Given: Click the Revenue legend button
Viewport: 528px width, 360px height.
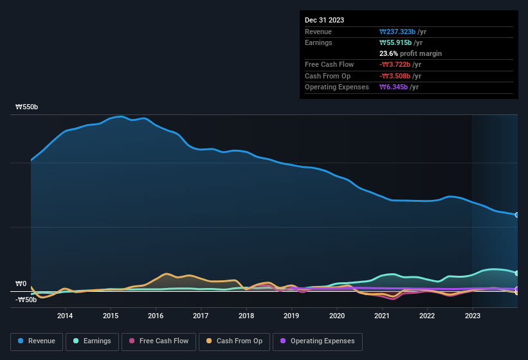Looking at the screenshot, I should coord(37,341).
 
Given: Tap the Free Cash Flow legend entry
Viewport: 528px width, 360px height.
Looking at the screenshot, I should coord(159,341).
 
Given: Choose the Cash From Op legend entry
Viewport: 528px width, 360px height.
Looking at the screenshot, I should coord(235,341).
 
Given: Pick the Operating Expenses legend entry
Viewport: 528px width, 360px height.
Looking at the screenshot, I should coord(318,341).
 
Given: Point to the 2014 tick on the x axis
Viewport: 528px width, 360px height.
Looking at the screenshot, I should coord(65,316).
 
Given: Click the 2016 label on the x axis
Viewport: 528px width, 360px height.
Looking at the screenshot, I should coord(156,316).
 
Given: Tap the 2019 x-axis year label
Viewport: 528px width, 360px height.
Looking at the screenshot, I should coord(291,316).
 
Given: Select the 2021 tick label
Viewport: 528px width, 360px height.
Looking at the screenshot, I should coord(382,316).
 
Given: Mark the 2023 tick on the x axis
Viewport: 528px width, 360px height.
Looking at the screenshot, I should coord(473,316).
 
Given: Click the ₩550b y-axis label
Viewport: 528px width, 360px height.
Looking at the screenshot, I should coord(27,107).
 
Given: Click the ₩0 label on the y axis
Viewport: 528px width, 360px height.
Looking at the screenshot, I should coord(21,283).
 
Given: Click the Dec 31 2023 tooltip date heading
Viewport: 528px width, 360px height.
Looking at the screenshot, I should coord(324,20).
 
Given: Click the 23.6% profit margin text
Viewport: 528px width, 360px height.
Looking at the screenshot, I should coord(410,53).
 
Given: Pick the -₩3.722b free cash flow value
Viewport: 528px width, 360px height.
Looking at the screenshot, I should coord(400,64).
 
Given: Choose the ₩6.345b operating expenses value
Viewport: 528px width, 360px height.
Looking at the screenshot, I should coord(399,87).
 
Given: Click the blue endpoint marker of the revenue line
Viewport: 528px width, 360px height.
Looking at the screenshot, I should coord(517,215).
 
